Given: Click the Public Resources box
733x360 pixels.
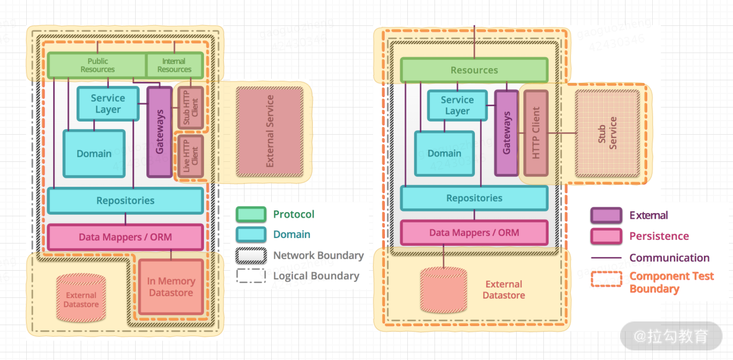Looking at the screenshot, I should [x=98, y=65].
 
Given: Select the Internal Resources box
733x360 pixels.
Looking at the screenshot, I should [x=174, y=65].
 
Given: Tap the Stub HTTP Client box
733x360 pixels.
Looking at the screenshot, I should [x=191, y=107].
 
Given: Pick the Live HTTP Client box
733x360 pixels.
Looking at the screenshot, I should [x=191, y=156].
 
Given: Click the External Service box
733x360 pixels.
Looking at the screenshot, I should [x=270, y=131].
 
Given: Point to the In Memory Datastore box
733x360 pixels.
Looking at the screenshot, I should [x=171, y=287].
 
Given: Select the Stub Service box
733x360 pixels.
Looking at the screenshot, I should [x=607, y=133].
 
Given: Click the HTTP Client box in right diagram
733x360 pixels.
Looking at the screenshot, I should [x=536, y=133].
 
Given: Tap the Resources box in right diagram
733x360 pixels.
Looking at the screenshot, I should [x=474, y=70].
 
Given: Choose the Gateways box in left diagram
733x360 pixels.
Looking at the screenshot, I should [x=160, y=131].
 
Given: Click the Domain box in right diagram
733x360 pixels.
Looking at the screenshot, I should [x=445, y=154].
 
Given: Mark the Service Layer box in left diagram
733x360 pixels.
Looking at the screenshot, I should [x=108, y=104].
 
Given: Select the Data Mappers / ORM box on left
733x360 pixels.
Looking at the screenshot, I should [x=125, y=237].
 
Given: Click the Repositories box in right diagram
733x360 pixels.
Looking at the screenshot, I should [x=474, y=198].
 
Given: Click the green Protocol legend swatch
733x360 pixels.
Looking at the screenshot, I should [x=251, y=214].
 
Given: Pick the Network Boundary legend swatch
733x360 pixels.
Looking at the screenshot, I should [x=251, y=256].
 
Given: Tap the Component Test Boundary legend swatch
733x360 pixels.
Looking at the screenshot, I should [x=606, y=279].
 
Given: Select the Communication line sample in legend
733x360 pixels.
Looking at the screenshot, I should [x=606, y=258].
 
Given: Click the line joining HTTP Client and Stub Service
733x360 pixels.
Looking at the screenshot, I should [x=562, y=133].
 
